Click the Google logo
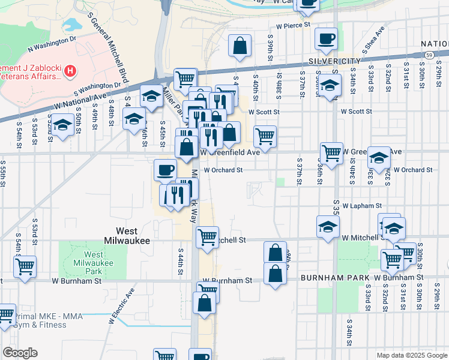20,353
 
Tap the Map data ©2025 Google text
411,355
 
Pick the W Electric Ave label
121,308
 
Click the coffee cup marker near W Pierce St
327,38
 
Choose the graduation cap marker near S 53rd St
62,125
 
